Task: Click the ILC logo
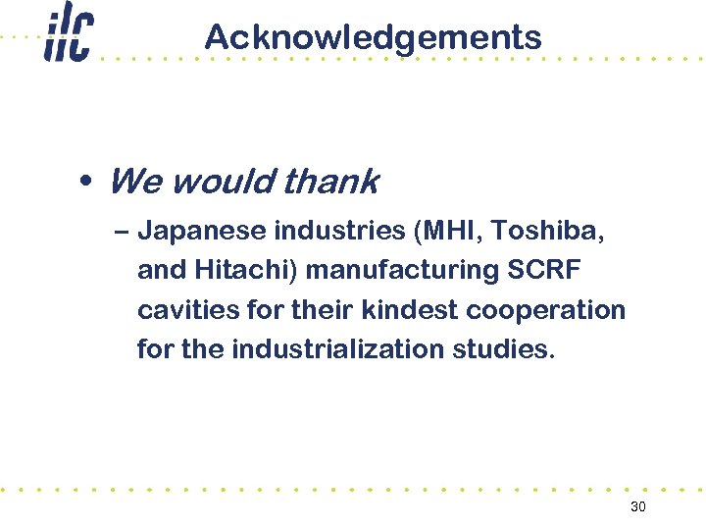[x=68, y=37]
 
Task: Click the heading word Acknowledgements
[x=373, y=37]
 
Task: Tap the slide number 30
[x=638, y=506]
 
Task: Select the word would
[x=222, y=182]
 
